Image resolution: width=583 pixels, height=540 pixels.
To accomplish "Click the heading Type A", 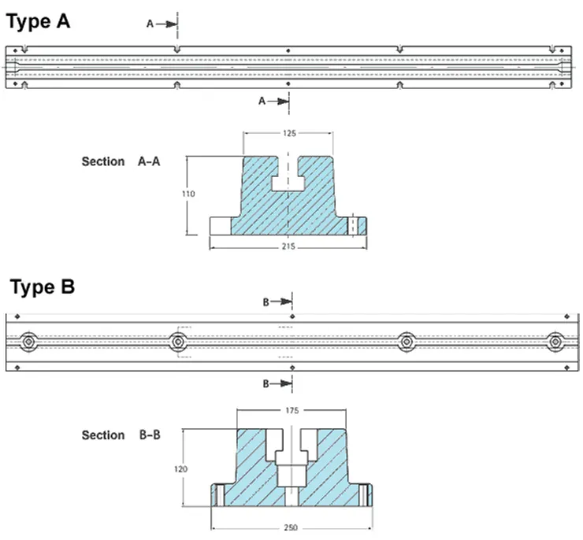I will point(39,21).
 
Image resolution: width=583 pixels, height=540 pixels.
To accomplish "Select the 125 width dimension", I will point(288,134).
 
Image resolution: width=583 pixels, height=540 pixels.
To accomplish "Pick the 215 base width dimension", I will point(288,246).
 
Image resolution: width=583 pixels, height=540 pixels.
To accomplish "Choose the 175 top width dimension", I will point(291,410).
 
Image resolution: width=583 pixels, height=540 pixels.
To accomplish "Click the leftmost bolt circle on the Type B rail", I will point(29,342).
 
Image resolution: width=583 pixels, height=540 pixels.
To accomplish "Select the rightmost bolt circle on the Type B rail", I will point(555,342).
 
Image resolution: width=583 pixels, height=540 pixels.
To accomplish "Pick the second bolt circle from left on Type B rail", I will point(177,342).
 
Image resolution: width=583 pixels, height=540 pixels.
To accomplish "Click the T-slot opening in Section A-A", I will point(288,179).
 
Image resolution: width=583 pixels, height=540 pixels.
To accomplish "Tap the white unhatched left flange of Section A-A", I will point(220,225).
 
